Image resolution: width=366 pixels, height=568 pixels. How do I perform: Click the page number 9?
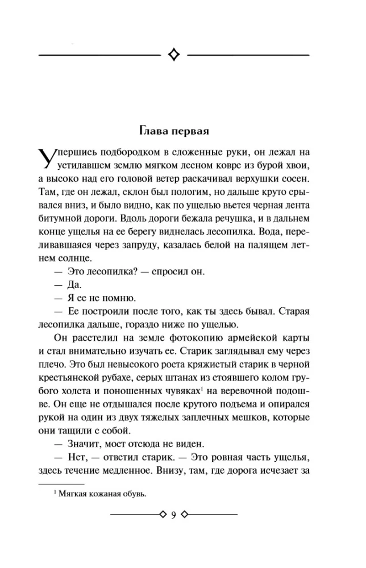click(173, 514)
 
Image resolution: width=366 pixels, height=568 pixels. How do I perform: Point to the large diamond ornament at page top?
click(174, 55)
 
